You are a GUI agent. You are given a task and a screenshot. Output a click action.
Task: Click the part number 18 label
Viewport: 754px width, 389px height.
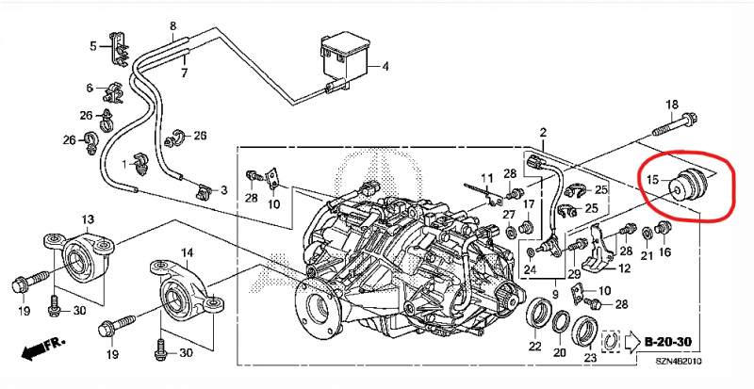point(671,105)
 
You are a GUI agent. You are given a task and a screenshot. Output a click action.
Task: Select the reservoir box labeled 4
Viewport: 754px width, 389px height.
point(345,57)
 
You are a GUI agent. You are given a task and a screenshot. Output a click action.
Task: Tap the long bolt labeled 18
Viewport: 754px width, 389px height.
point(675,124)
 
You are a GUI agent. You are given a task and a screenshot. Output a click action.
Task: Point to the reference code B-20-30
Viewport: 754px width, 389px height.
point(667,342)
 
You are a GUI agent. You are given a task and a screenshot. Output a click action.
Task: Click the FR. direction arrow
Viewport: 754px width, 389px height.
point(41,349)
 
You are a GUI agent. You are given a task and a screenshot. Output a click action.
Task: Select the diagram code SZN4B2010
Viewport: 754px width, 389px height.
point(680,361)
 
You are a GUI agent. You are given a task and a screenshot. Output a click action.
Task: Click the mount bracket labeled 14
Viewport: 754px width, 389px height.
point(186,288)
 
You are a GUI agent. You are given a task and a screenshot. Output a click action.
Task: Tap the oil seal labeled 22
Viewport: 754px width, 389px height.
point(538,317)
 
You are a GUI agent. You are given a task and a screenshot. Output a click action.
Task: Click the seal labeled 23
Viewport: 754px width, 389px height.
point(585,331)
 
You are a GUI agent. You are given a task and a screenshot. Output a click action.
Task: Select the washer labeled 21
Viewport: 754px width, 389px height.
point(647,233)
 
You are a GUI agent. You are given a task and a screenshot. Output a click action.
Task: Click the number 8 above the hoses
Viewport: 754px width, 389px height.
point(173,26)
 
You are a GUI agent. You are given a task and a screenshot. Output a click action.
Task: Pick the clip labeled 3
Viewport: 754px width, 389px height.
point(204,190)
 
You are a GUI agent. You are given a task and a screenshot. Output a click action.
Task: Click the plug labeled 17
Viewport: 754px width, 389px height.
point(527,226)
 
